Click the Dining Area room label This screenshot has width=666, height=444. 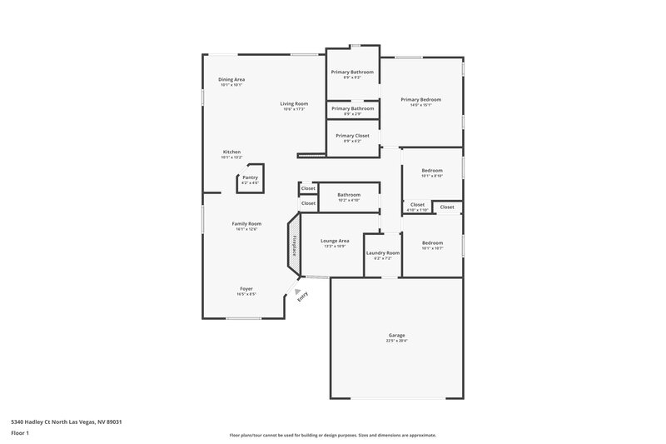pos(231,79)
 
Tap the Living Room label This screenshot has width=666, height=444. pos(294,103)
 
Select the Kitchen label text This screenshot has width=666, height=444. pos(231,152)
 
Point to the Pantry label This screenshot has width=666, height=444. pos(250,177)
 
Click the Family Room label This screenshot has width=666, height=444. pos(246,223)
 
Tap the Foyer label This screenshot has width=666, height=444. pos(246,288)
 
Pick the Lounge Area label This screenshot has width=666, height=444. pos(335,240)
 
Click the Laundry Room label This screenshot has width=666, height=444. pos(383,252)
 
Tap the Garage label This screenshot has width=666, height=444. pos(396,335)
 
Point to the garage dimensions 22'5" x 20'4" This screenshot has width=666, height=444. pos(396,341)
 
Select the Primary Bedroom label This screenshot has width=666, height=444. pos(420,99)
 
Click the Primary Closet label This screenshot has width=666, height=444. pos(352,135)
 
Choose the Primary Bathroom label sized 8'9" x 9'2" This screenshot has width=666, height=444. pos(352,72)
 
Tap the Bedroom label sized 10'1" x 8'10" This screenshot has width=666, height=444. pos(431,170)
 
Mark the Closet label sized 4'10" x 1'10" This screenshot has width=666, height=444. pos(417,204)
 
